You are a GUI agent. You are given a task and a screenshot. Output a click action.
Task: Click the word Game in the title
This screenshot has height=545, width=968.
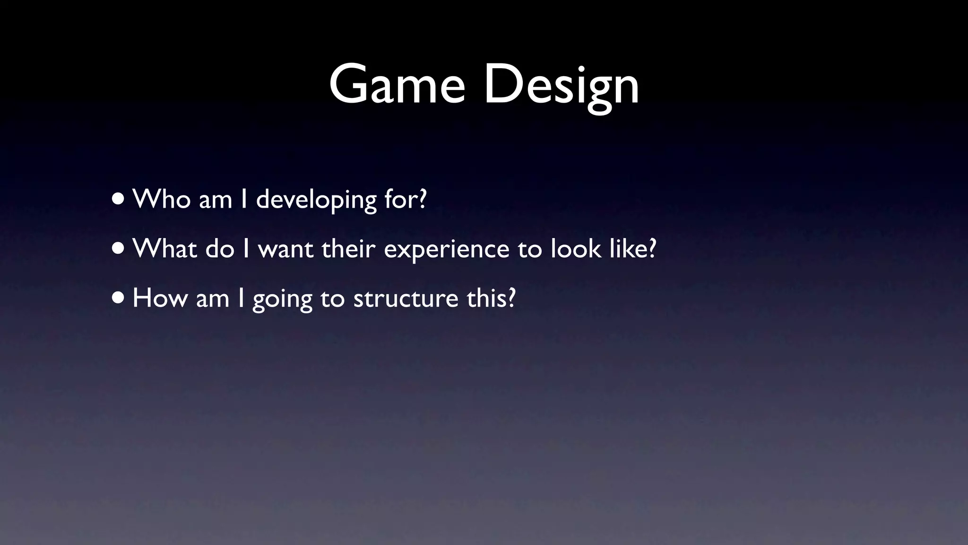click(x=397, y=85)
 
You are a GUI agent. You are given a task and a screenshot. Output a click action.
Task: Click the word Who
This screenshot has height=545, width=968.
click(x=162, y=199)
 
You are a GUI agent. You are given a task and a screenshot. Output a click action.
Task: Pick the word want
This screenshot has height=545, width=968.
click(x=285, y=249)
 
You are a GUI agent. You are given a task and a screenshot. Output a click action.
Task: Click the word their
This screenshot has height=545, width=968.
click(x=348, y=248)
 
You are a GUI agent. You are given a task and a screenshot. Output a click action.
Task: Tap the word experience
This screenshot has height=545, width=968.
click(x=446, y=250)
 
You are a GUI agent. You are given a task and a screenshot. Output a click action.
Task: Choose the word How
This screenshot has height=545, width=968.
click(x=160, y=298)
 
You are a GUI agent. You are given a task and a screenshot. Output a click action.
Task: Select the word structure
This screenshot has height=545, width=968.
click(x=406, y=299)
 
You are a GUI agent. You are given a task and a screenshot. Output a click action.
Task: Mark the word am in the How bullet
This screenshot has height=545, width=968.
click(x=212, y=299)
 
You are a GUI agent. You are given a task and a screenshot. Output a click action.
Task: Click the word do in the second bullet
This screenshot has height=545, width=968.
click(x=220, y=248)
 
